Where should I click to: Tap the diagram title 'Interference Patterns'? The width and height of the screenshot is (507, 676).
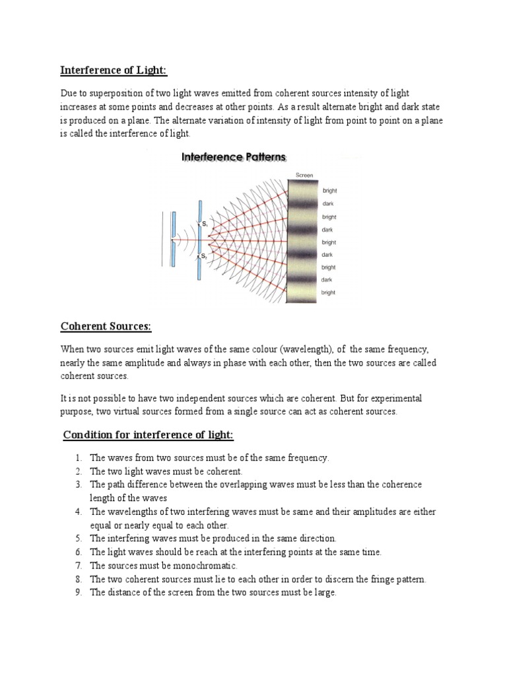click(234, 157)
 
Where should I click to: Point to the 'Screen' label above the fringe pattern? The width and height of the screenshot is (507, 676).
click(305, 175)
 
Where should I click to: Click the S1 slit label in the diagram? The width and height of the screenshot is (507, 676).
click(205, 224)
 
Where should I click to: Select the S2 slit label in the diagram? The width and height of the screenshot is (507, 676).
click(205, 255)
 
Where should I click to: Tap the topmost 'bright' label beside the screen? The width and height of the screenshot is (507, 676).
click(329, 191)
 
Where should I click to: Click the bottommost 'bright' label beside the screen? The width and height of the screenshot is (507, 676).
click(328, 292)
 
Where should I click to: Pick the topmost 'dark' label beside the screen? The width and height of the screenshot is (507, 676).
click(327, 204)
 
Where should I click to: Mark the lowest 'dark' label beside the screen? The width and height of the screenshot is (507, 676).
click(327, 280)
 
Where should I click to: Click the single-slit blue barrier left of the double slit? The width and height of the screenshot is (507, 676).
click(172, 239)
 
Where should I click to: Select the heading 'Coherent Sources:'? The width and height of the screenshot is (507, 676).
click(106, 326)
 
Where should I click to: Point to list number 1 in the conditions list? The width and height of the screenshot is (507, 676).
click(78, 457)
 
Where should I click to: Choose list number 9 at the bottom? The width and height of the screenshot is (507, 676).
click(78, 593)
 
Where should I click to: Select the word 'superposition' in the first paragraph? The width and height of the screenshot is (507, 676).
click(103, 94)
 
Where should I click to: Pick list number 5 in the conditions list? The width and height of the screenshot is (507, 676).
click(78, 539)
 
